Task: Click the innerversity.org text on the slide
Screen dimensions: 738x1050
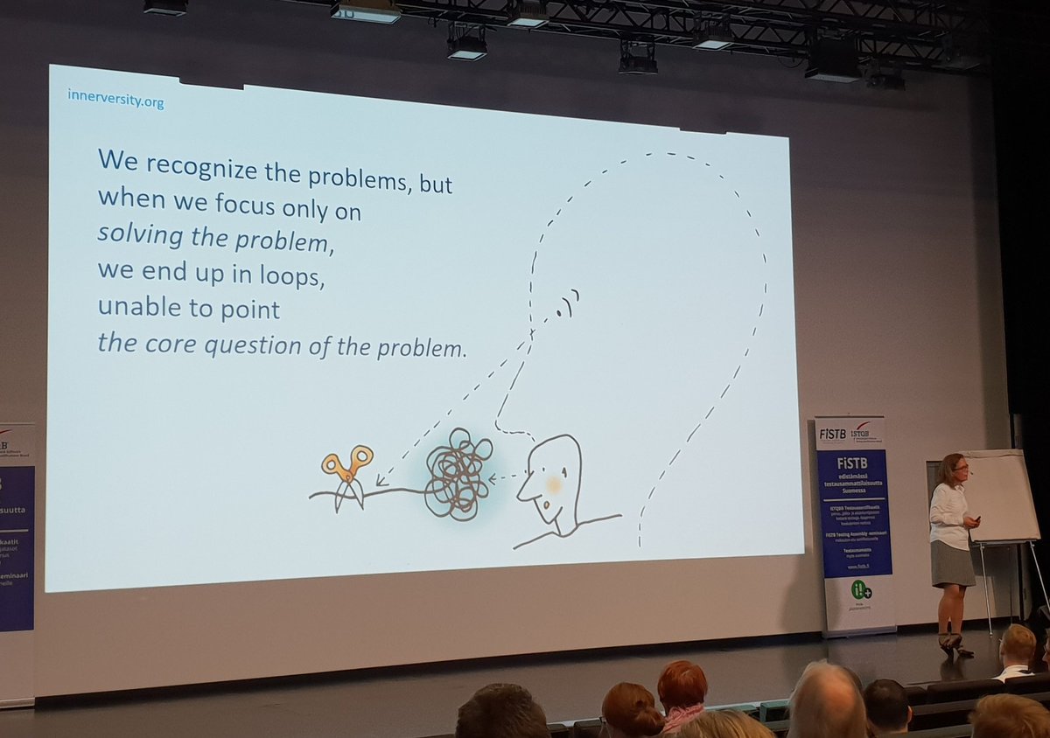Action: coord(116,101)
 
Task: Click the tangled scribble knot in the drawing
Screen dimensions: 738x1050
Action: coord(457,474)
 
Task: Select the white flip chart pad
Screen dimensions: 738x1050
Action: coord(999,495)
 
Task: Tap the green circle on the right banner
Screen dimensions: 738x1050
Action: coord(862,589)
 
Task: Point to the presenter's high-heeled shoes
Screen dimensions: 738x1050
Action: coord(952,645)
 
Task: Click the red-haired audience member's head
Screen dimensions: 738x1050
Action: coord(682,683)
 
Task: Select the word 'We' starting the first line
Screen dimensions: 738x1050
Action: coord(116,161)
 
